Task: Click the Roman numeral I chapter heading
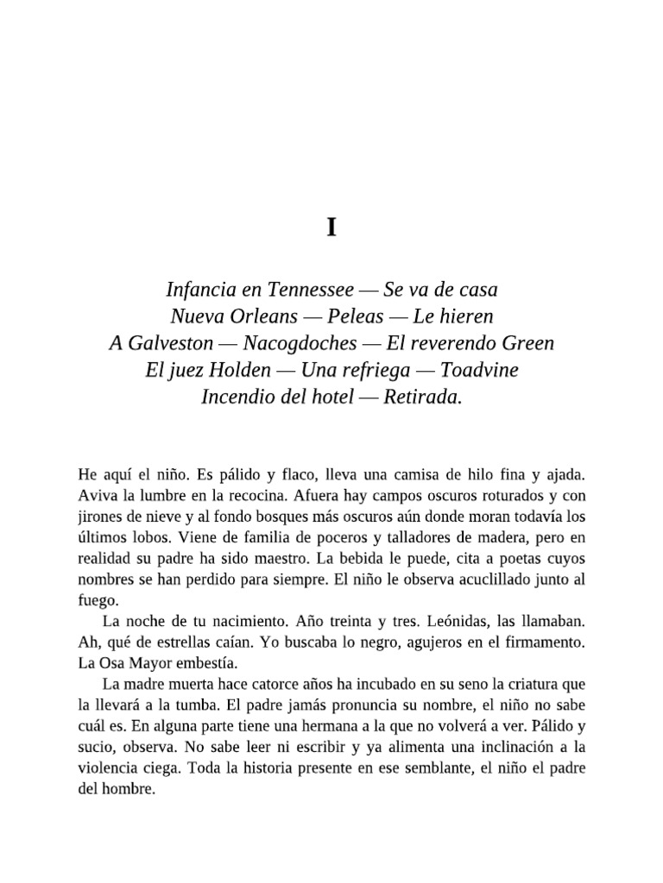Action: pos(331,228)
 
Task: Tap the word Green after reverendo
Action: pos(523,343)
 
